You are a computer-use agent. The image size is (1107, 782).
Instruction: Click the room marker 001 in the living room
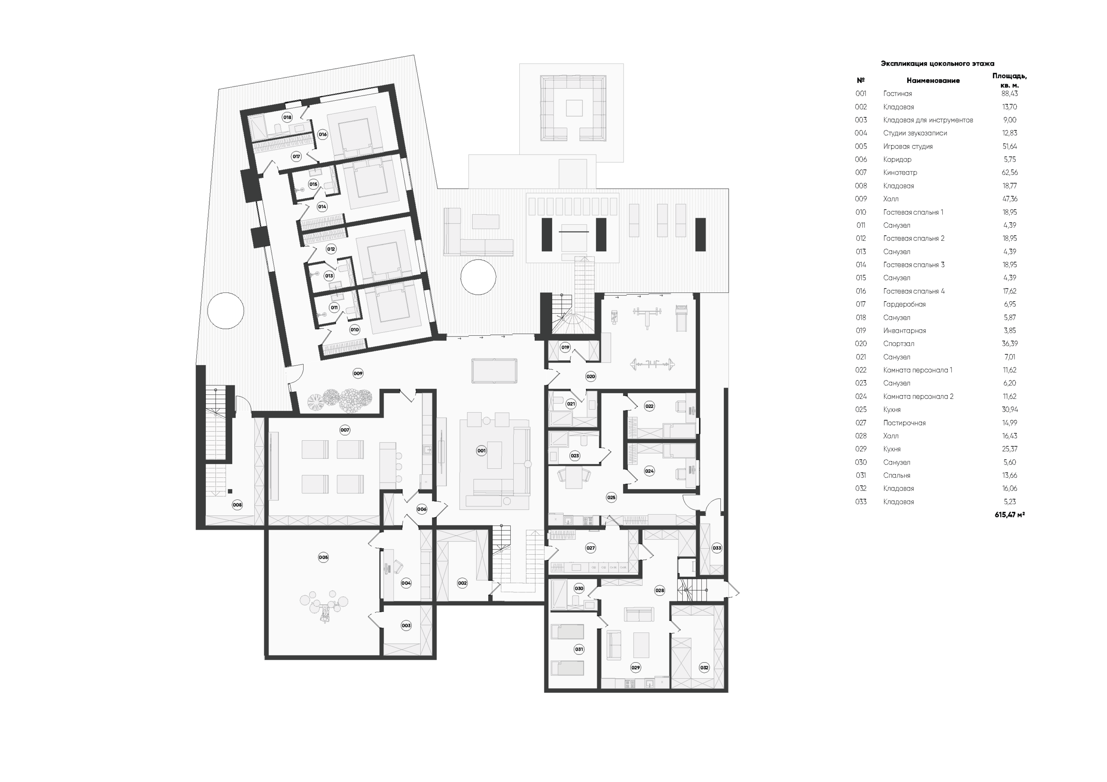tap(481, 451)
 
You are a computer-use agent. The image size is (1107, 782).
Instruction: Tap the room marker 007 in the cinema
tap(345, 430)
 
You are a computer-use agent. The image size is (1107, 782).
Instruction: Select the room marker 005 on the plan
tap(323, 557)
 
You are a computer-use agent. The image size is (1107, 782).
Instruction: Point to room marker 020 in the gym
tap(591, 376)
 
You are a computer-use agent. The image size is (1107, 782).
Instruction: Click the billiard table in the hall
tap(495, 371)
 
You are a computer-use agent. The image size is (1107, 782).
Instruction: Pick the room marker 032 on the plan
tap(704, 668)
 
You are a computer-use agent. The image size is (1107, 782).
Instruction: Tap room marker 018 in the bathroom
tap(288, 117)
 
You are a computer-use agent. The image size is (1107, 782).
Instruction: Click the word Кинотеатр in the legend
tap(900, 172)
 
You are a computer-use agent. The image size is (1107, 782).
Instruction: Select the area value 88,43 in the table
tap(1010, 93)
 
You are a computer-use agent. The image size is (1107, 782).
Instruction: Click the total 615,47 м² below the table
tap(1010, 515)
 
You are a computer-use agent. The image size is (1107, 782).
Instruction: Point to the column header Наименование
tap(933, 80)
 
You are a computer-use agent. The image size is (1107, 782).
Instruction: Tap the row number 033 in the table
tap(861, 502)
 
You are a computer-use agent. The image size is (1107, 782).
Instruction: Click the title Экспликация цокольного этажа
tap(937, 64)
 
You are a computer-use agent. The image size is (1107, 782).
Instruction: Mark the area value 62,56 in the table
tap(1010, 172)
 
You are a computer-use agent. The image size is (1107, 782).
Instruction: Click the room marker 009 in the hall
tap(358, 373)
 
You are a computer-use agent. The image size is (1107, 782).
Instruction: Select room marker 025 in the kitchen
tap(611, 497)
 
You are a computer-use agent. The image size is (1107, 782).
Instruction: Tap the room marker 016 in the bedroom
tap(323, 134)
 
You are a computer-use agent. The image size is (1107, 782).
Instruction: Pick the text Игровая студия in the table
tap(908, 146)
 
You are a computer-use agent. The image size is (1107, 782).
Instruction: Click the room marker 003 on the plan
tap(406, 626)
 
